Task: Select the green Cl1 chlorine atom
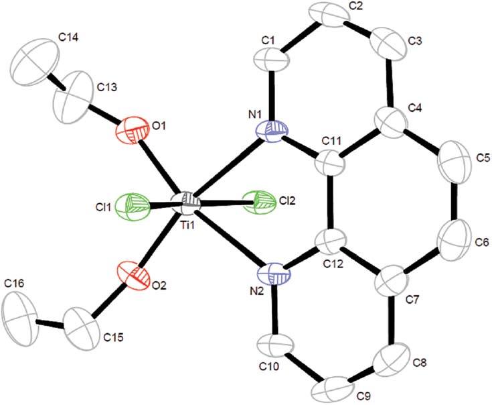pyautogui.click(x=132, y=207)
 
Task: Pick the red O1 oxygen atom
pyautogui.click(x=132, y=131)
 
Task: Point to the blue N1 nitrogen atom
pyautogui.click(x=272, y=131)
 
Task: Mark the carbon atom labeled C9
pyautogui.click(x=335, y=388)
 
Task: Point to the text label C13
pyautogui.click(x=107, y=87)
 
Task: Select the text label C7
pyautogui.click(x=412, y=300)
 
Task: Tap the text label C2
pyautogui.click(x=355, y=5)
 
